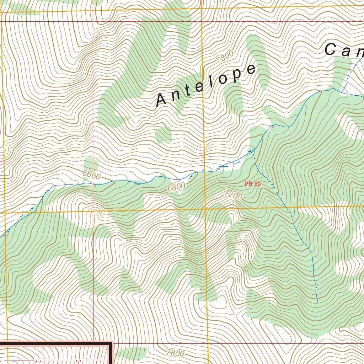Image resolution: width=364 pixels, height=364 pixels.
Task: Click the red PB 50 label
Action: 252,184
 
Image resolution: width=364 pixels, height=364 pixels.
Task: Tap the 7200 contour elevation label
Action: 234,195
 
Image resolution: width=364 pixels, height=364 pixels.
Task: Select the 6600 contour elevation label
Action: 91,175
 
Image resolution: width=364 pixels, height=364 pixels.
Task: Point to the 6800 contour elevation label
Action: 176,187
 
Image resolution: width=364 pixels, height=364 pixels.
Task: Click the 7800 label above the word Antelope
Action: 225,57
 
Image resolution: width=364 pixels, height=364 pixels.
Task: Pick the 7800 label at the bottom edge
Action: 175,353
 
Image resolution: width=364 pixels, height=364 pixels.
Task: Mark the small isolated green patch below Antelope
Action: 164,135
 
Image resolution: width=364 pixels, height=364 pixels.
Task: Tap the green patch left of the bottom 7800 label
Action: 131,353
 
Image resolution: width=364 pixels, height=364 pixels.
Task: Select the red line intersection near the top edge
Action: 93,21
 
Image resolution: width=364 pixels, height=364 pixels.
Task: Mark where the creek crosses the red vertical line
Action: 93,184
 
